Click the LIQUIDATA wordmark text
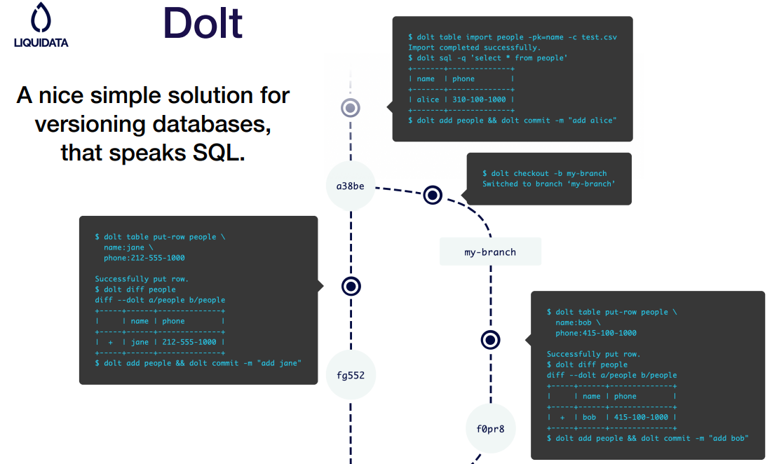click(x=41, y=43)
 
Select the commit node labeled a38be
click(x=351, y=186)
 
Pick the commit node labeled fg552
click(x=351, y=375)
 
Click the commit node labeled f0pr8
click(x=491, y=428)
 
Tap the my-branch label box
click(x=490, y=252)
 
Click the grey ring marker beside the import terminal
click(x=351, y=108)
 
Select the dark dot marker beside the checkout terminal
click(x=433, y=195)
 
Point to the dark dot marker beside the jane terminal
click(x=351, y=286)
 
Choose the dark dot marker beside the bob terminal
click(x=491, y=340)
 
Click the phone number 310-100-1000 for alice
click(x=482, y=100)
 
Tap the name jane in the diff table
click(x=140, y=342)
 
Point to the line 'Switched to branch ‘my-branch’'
click(x=548, y=184)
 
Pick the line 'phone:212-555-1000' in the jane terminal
click(x=144, y=258)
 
